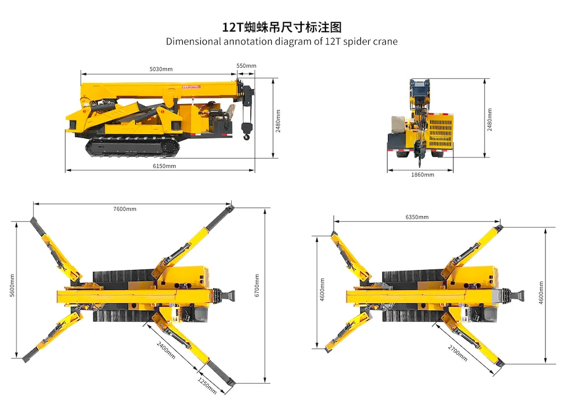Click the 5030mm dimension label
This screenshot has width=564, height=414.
click(x=161, y=69)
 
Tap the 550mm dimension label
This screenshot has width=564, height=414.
click(x=246, y=66)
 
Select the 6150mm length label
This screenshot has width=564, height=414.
click(x=164, y=166)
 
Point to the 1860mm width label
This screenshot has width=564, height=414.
click(x=422, y=175)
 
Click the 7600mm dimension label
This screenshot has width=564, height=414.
click(x=125, y=209)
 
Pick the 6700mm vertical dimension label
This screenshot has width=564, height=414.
click(x=257, y=285)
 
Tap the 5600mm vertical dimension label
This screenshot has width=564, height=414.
click(x=12, y=285)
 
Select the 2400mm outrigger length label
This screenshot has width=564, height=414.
click(x=166, y=350)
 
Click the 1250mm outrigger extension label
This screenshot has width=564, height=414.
click(x=207, y=386)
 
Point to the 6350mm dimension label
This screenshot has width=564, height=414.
click(x=417, y=217)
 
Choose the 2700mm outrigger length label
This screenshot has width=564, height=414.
click(x=457, y=353)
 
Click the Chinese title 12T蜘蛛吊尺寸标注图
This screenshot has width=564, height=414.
click(x=281, y=27)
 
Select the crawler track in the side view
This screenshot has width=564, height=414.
click(x=133, y=147)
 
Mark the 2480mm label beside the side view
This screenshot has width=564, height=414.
click(x=278, y=121)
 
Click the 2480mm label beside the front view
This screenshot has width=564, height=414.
click(x=489, y=120)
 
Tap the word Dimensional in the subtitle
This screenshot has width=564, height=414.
click(x=193, y=42)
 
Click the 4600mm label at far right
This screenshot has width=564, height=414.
click(x=541, y=293)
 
